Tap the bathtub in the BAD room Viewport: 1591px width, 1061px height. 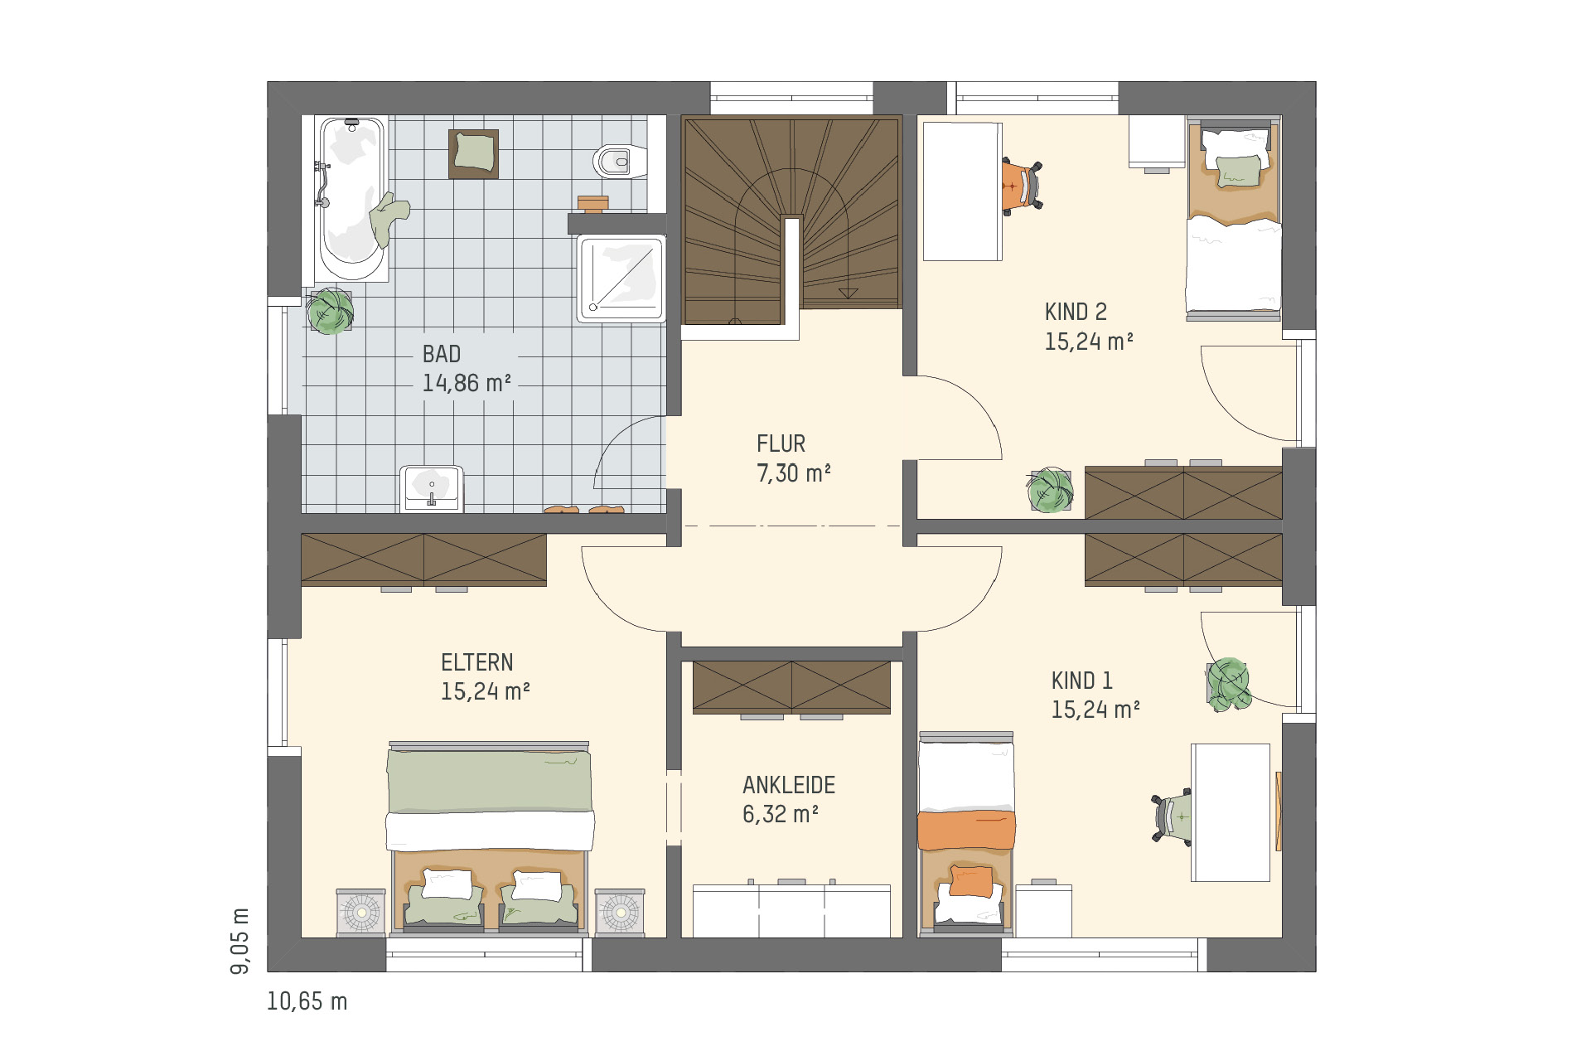click(x=351, y=199)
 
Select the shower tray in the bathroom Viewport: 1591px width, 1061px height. click(x=621, y=279)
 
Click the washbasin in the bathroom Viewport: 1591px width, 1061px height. click(x=431, y=489)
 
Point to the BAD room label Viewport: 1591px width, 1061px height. click(x=442, y=355)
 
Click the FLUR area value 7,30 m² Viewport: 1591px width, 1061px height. click(x=794, y=473)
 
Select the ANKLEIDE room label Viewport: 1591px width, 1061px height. click(x=789, y=785)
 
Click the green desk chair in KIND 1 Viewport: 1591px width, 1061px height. click(x=1172, y=818)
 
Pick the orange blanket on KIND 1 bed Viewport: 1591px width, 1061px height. click(x=966, y=831)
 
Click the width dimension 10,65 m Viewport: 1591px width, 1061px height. click(x=307, y=1001)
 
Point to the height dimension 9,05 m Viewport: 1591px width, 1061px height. click(x=239, y=941)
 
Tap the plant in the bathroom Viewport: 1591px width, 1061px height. click(x=331, y=311)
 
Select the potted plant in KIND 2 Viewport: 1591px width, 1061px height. click(x=1050, y=489)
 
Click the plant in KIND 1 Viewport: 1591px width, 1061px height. click(x=1228, y=685)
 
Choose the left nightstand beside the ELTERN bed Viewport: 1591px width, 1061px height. click(x=360, y=913)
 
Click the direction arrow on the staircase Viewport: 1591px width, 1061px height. click(x=848, y=293)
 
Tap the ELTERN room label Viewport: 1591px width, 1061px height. click(x=477, y=663)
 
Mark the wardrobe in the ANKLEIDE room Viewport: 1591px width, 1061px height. click(x=791, y=687)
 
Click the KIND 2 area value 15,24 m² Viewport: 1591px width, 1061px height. click(x=1089, y=342)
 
